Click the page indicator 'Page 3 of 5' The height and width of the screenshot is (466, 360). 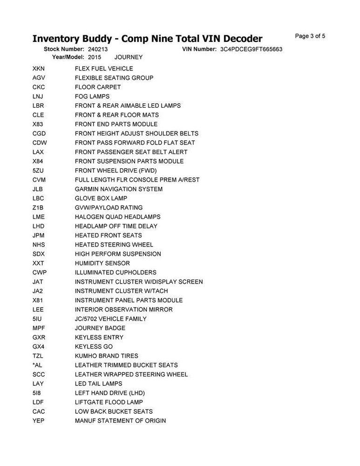(x=310, y=36)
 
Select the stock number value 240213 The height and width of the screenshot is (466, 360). (x=97, y=49)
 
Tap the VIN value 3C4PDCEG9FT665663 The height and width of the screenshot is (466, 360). (x=251, y=49)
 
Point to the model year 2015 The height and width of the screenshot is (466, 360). (x=94, y=57)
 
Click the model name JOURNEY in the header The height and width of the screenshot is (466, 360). (x=128, y=57)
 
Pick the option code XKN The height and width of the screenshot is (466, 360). (x=38, y=69)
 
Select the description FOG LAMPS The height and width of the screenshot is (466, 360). (x=92, y=96)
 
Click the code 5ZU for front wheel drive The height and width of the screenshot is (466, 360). (x=38, y=171)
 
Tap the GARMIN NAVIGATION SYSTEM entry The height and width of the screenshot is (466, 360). (x=119, y=189)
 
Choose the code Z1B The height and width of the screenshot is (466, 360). (x=38, y=207)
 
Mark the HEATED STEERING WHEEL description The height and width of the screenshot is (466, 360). (x=114, y=245)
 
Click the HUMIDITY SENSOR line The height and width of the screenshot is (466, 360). (x=102, y=263)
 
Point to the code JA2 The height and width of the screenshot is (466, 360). (x=38, y=291)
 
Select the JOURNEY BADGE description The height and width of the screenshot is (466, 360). (x=100, y=328)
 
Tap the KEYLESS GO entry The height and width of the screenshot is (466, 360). (x=94, y=347)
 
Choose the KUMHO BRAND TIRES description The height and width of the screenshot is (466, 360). (x=107, y=356)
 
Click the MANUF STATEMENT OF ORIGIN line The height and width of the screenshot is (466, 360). (x=120, y=421)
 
